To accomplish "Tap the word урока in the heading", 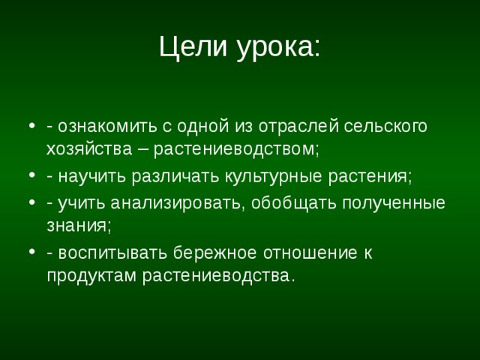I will coord(274,48).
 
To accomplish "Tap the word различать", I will coord(176,177).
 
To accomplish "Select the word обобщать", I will coord(292,203).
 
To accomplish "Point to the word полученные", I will coord(394,203).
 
